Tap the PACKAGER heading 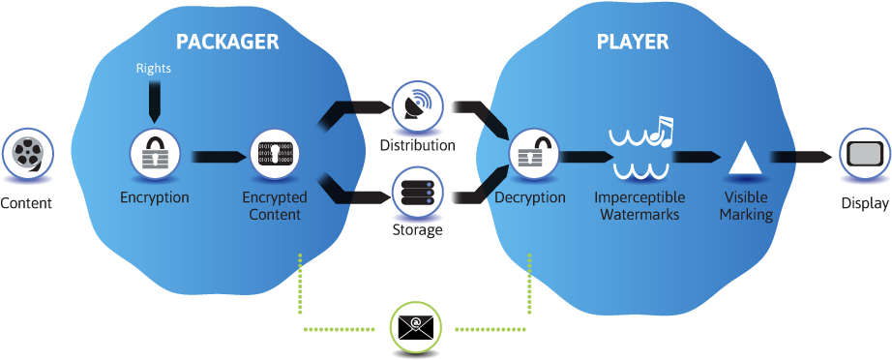[226, 42]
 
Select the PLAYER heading [632, 42]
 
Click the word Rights [154, 69]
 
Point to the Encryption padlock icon [155, 155]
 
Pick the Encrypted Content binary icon [275, 155]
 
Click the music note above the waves [661, 132]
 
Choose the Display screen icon [863, 155]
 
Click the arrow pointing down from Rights [154, 102]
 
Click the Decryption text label [530, 197]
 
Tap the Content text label [26, 203]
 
